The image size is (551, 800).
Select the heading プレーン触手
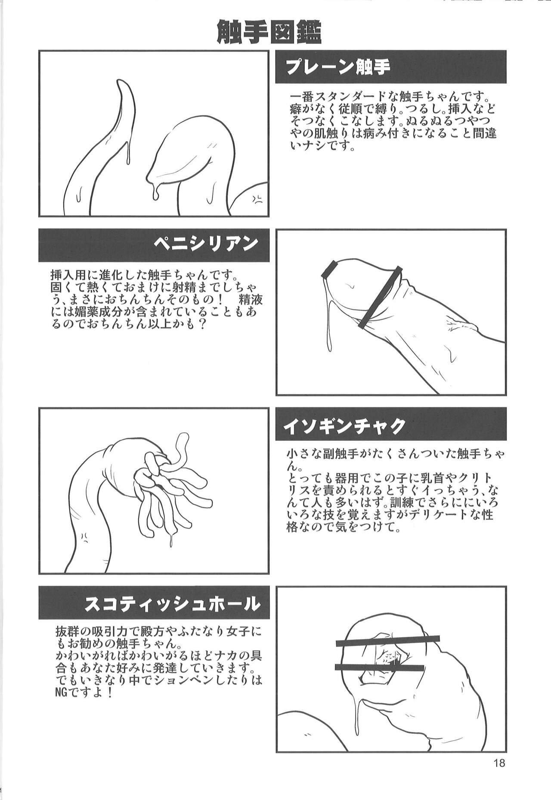[x=337, y=67]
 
